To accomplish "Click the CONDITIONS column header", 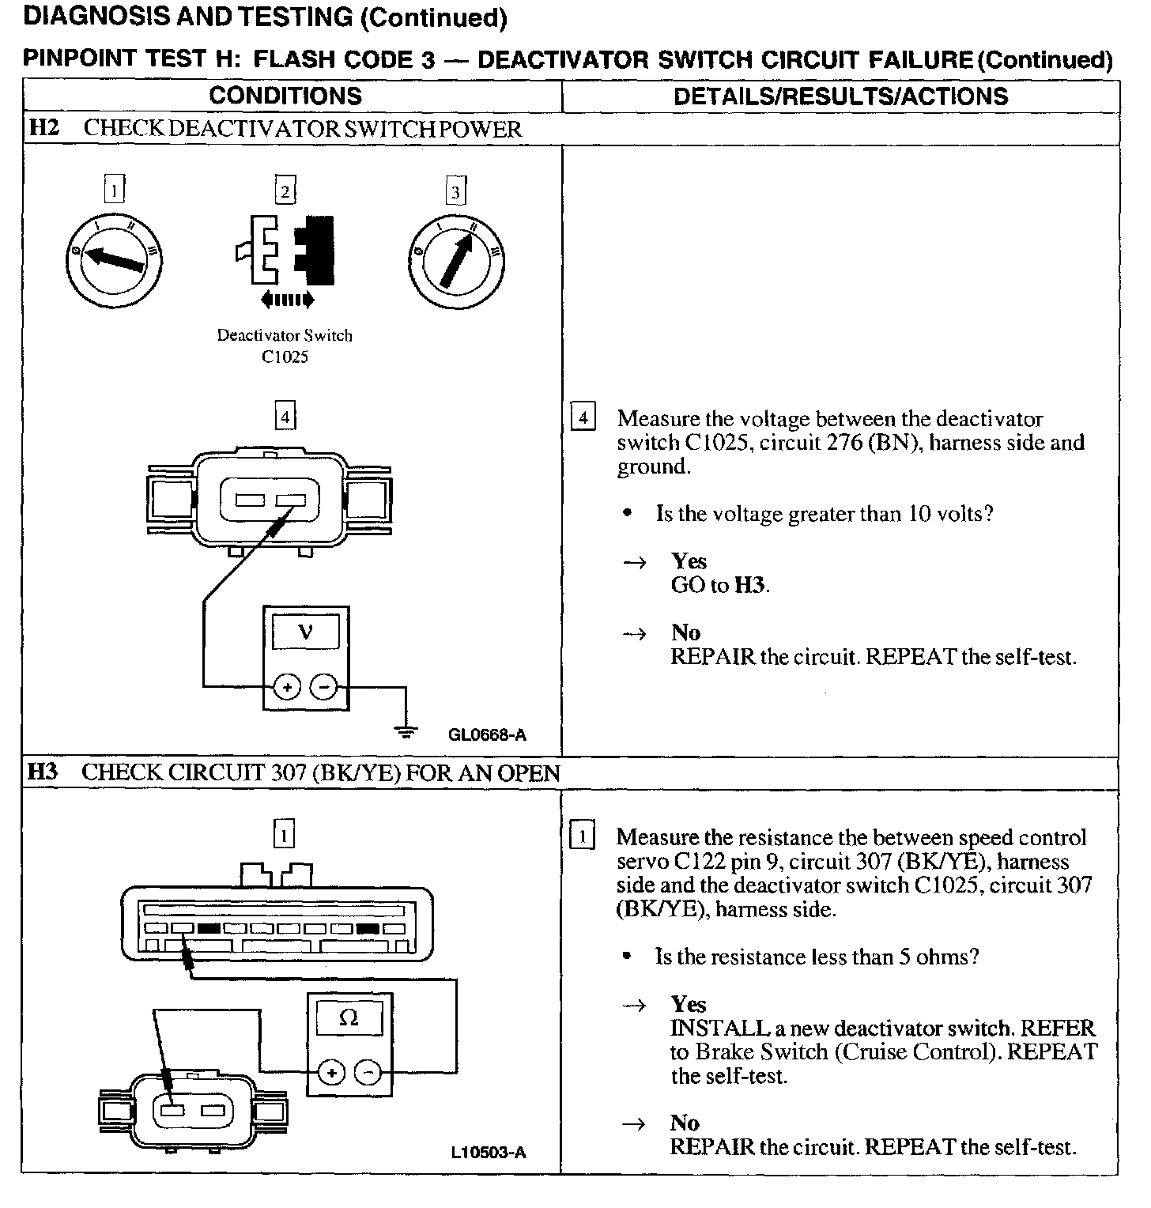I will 285,96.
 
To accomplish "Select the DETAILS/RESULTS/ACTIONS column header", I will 840,96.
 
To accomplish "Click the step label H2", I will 44,128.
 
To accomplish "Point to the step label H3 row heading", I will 43,772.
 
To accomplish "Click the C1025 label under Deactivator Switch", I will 285,357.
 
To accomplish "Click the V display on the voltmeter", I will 306,632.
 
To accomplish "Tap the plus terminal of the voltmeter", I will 287,688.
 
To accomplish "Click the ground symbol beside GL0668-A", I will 406,731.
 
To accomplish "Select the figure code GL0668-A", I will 487,735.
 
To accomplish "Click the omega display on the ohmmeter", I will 349,1018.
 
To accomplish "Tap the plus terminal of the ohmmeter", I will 331,1073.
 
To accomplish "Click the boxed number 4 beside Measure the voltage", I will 583,417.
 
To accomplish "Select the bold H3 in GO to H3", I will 751,586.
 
